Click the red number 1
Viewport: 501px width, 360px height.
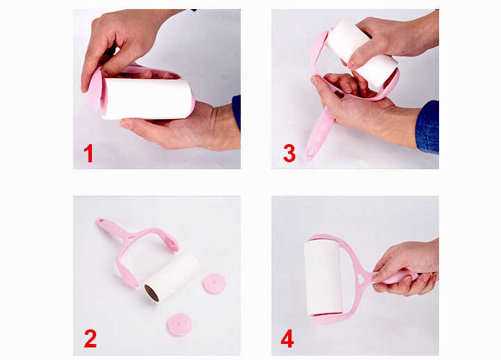(x=88, y=153)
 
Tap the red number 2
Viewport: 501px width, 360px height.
(x=90, y=338)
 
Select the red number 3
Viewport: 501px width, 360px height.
(x=289, y=153)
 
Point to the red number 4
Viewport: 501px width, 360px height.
(x=287, y=339)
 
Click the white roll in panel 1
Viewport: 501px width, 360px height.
(x=148, y=99)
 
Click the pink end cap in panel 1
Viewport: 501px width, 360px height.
(x=95, y=89)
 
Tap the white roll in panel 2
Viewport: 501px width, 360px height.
(x=172, y=277)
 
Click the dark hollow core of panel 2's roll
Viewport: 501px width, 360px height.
(x=152, y=294)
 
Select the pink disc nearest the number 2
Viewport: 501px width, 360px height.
(x=180, y=324)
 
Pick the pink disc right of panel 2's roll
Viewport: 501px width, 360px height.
(x=215, y=283)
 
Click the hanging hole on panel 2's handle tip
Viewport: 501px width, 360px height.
(x=101, y=221)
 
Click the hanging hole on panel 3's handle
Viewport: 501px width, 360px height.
(x=310, y=152)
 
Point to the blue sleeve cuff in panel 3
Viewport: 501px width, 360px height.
(x=427, y=127)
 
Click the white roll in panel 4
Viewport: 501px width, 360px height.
(x=323, y=277)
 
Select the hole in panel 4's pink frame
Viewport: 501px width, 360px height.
(x=361, y=279)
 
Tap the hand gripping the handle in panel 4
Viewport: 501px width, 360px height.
(x=406, y=268)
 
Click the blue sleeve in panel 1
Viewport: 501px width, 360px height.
(x=236, y=111)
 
